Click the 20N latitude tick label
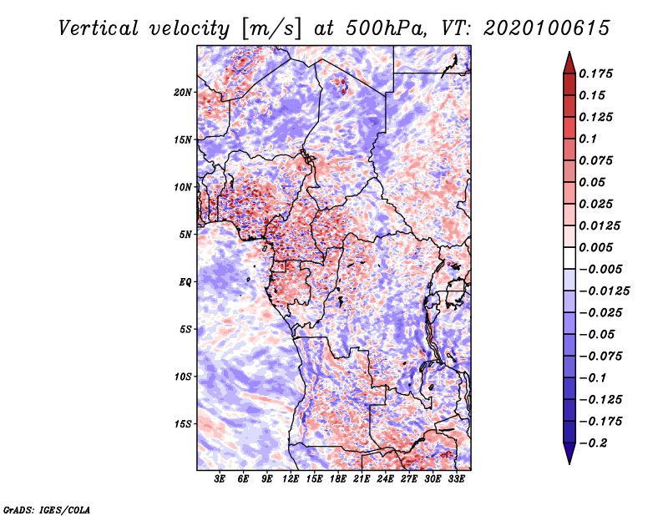click(183, 93)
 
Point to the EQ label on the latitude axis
click(185, 282)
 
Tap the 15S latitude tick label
click(183, 424)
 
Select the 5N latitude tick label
click(185, 235)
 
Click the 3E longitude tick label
click(220, 478)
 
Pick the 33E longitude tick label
click(456, 478)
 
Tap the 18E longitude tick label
click(338, 478)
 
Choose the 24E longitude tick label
click(385, 478)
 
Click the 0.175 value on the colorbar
click(595, 73)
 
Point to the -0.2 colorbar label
click(593, 443)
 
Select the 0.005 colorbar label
click(595, 247)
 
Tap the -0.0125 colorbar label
click(604, 291)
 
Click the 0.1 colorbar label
click(588, 139)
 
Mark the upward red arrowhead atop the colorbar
click(569, 63)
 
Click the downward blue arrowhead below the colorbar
click(569, 453)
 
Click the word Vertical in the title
click(99, 28)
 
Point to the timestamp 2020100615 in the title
click(547, 28)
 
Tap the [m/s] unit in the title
click(271, 29)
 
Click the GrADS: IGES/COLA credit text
click(47, 509)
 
